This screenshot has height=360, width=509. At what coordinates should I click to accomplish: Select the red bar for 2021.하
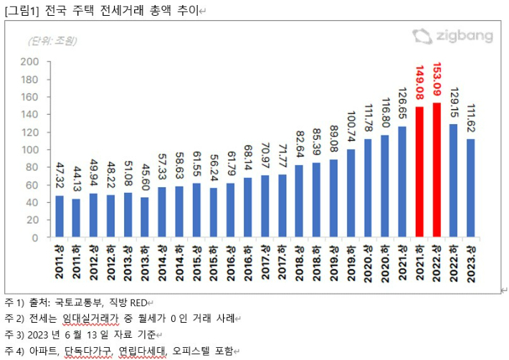click(x=419, y=172)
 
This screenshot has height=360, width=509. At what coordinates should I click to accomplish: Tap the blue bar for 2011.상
click(x=60, y=216)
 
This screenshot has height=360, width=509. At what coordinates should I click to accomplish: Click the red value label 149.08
click(x=419, y=85)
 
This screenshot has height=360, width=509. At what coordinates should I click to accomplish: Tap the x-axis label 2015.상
click(x=197, y=262)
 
